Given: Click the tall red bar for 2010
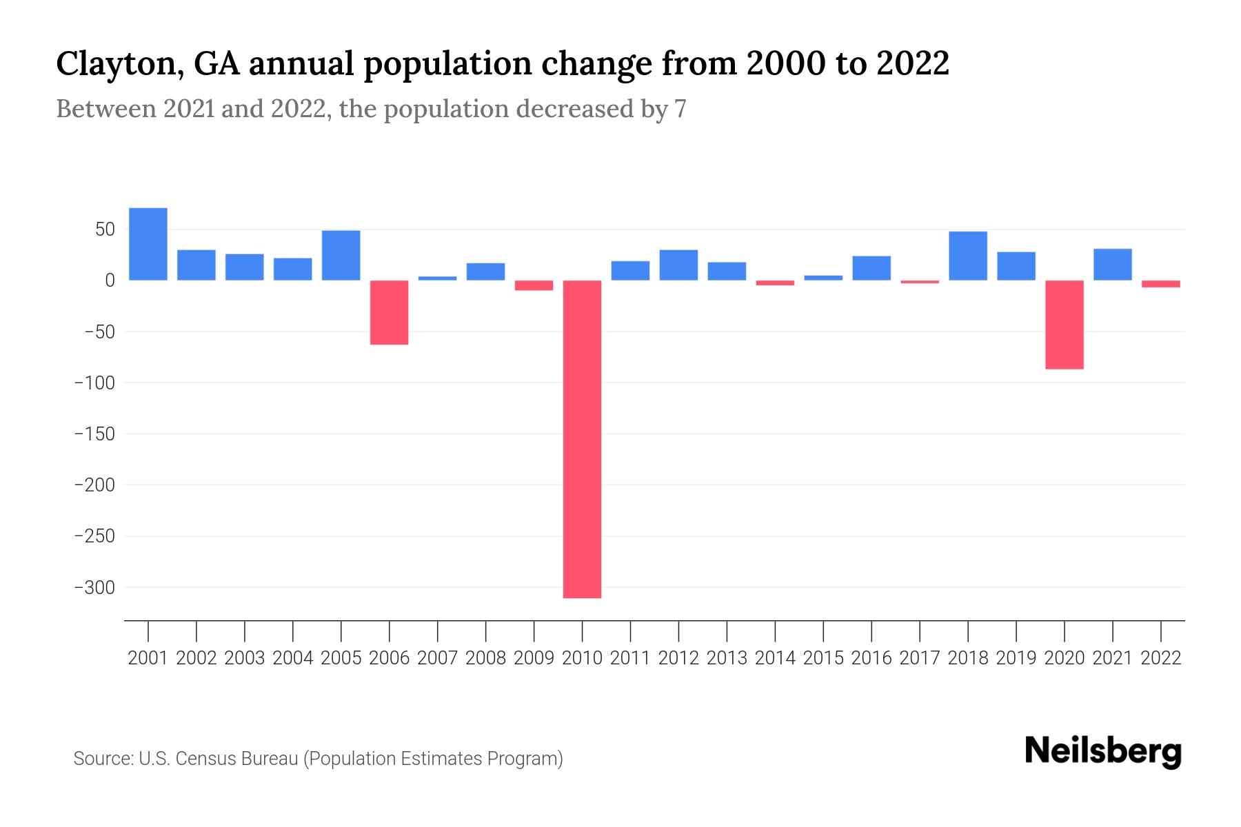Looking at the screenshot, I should coord(582,439).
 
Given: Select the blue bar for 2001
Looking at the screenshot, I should coord(148,244).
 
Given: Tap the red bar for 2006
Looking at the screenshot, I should coord(390,312).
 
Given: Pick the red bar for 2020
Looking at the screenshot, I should coord(1065,325).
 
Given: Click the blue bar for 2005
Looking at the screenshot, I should coord(341,255).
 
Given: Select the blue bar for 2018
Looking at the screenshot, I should coord(968,256).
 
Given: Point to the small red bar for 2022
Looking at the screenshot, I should coord(1161,283).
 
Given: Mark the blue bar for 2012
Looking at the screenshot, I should coord(678,265).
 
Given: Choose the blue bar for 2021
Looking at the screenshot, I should coord(1113,264).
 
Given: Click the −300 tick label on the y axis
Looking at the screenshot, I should coord(94,587).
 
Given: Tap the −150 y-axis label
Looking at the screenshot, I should coord(94,434).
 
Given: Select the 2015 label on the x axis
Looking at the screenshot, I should coord(823,658).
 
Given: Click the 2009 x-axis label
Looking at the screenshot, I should coord(534,658).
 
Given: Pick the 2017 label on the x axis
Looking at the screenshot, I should coord(920,658).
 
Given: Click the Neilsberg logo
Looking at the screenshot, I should coord(1103,751).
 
